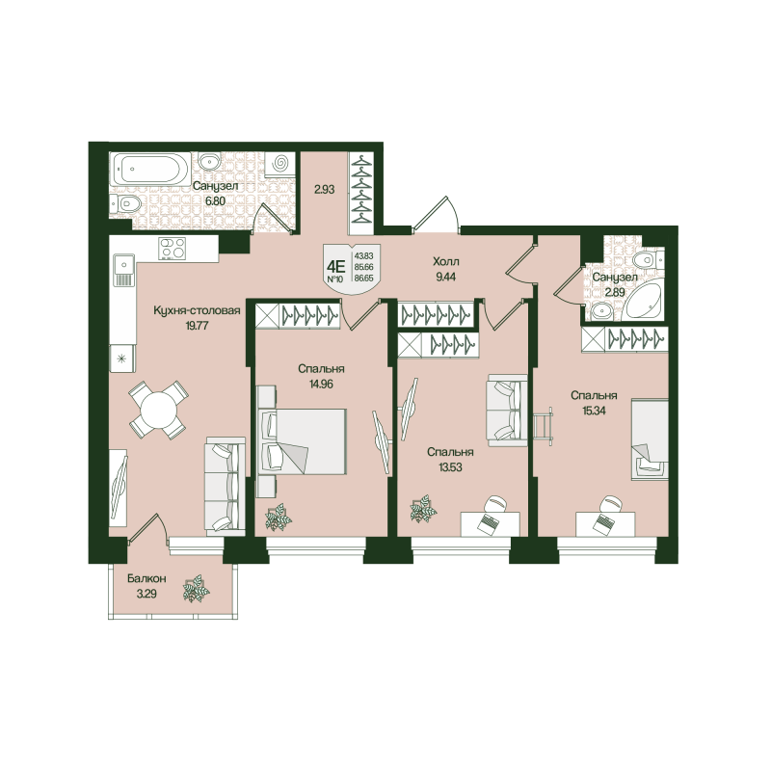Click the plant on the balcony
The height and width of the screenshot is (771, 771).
[x=196, y=589]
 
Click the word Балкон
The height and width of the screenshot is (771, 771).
[x=146, y=578]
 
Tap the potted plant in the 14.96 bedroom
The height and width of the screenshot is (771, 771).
[x=279, y=518]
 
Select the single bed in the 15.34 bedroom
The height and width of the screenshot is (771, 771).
[x=650, y=439]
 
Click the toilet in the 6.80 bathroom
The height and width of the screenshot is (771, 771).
[x=129, y=204]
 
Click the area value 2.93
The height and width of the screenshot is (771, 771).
[x=325, y=190]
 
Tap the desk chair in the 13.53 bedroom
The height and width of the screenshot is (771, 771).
[x=495, y=506]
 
